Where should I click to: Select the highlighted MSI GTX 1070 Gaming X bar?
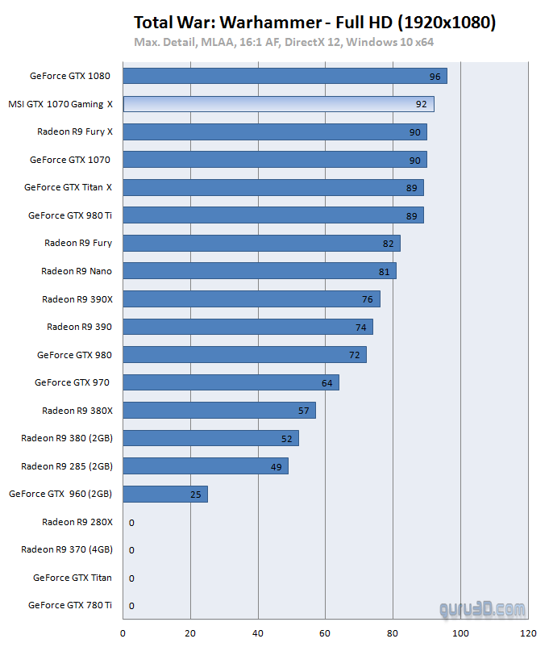click(278, 104)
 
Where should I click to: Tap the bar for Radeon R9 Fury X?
click(275, 132)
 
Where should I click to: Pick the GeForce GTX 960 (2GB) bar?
click(165, 494)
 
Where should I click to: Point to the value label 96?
click(435, 77)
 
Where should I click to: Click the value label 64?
click(327, 383)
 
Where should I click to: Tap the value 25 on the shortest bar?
click(196, 495)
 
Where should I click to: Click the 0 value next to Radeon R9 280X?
click(131, 523)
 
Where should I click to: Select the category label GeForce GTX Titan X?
click(68, 187)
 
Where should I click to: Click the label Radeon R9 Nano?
click(77, 271)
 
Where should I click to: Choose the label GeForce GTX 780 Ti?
click(70, 605)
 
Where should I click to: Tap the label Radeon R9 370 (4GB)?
click(67, 549)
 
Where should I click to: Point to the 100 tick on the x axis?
click(460, 633)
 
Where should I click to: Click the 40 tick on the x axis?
click(258, 633)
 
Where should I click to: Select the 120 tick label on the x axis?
click(527, 633)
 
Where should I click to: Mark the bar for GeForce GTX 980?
click(244, 355)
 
